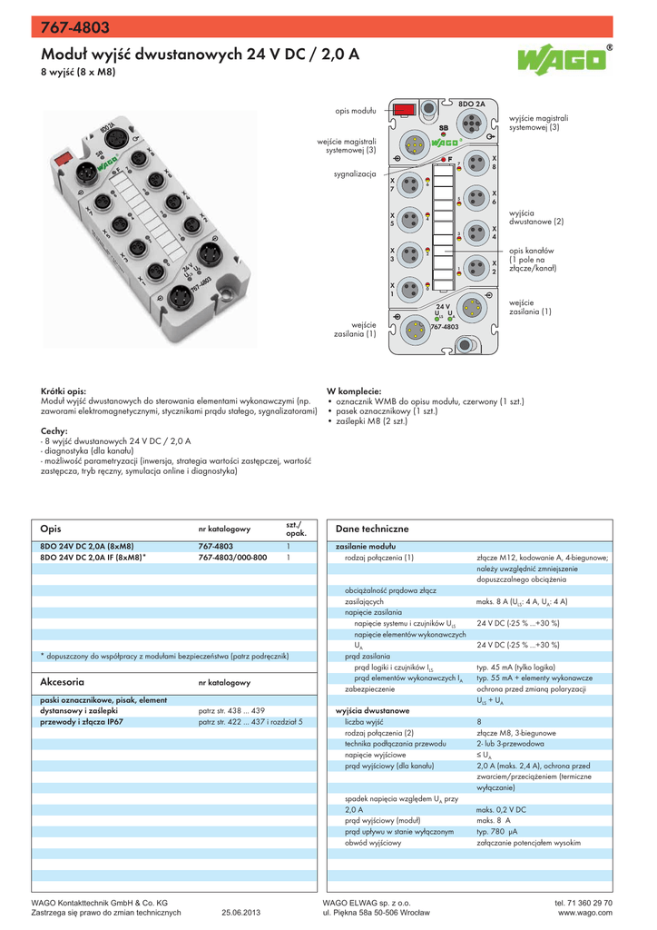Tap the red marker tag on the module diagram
404,109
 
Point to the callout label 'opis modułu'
355,110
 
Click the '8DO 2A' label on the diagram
472,104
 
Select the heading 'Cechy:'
55,430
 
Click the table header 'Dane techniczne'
372,529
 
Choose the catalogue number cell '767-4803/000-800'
232,556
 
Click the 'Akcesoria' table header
63,680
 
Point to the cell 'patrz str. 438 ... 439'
231,710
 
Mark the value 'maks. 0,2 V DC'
501,809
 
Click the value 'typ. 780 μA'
497,831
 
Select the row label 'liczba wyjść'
366,721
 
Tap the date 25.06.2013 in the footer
240,913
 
